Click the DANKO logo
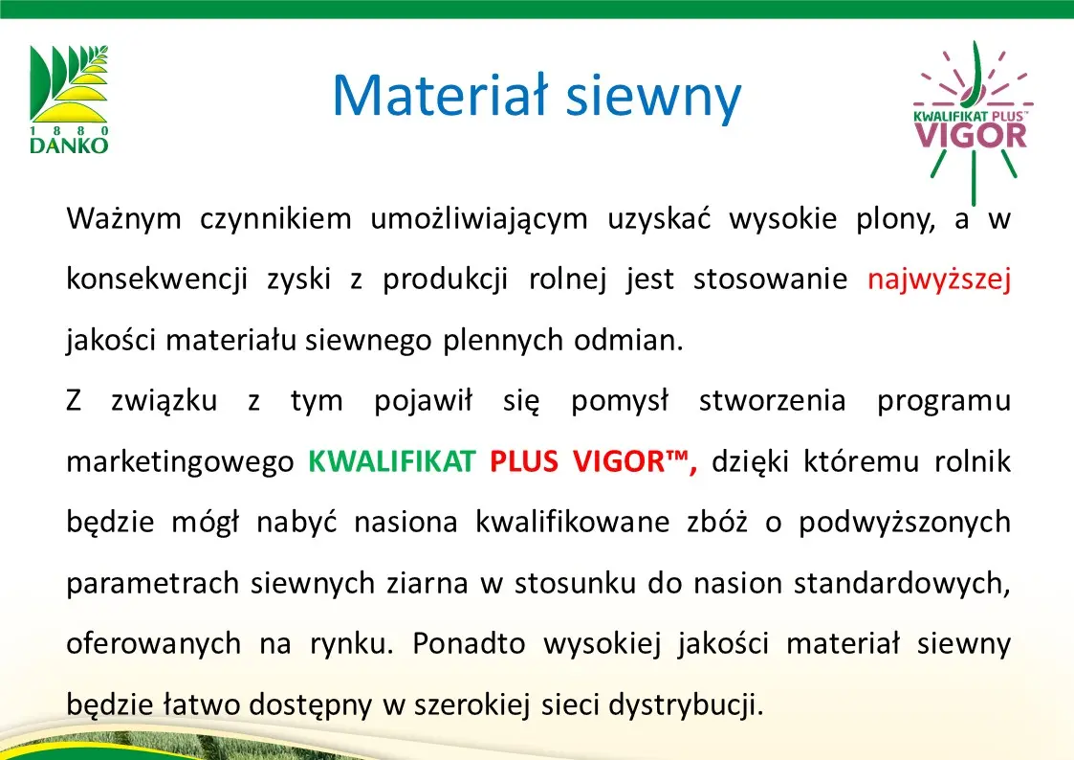tap(69, 99)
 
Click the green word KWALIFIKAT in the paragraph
tap(392, 461)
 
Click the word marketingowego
tap(180, 462)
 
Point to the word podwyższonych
tap(905, 523)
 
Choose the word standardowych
tap(902, 583)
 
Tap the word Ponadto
tap(470, 643)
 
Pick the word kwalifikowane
tap(573, 523)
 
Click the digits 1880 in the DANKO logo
tap(69, 130)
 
